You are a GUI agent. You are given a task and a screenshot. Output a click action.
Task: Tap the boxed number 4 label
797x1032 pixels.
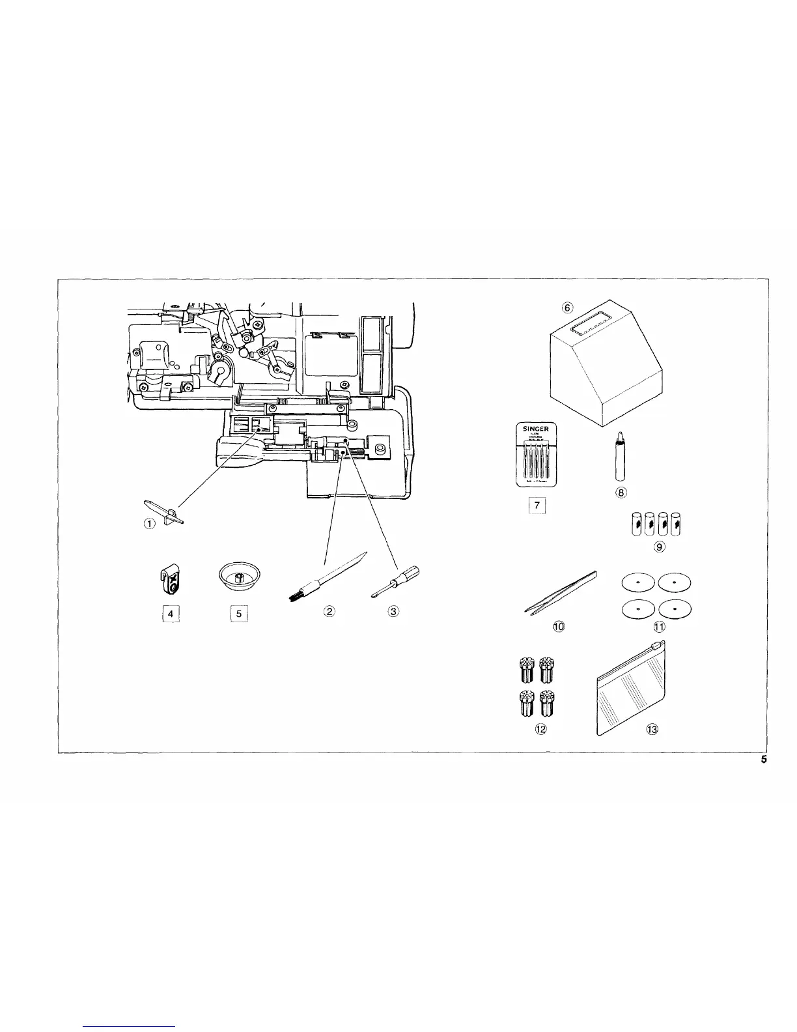170,613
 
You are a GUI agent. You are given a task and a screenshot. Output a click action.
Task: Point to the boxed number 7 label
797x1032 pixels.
537,506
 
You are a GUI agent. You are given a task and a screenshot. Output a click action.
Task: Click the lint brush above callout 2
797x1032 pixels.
324,577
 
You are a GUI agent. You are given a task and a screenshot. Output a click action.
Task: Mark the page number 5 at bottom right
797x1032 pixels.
764,760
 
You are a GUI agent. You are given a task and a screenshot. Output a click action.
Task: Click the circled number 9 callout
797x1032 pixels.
659,547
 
